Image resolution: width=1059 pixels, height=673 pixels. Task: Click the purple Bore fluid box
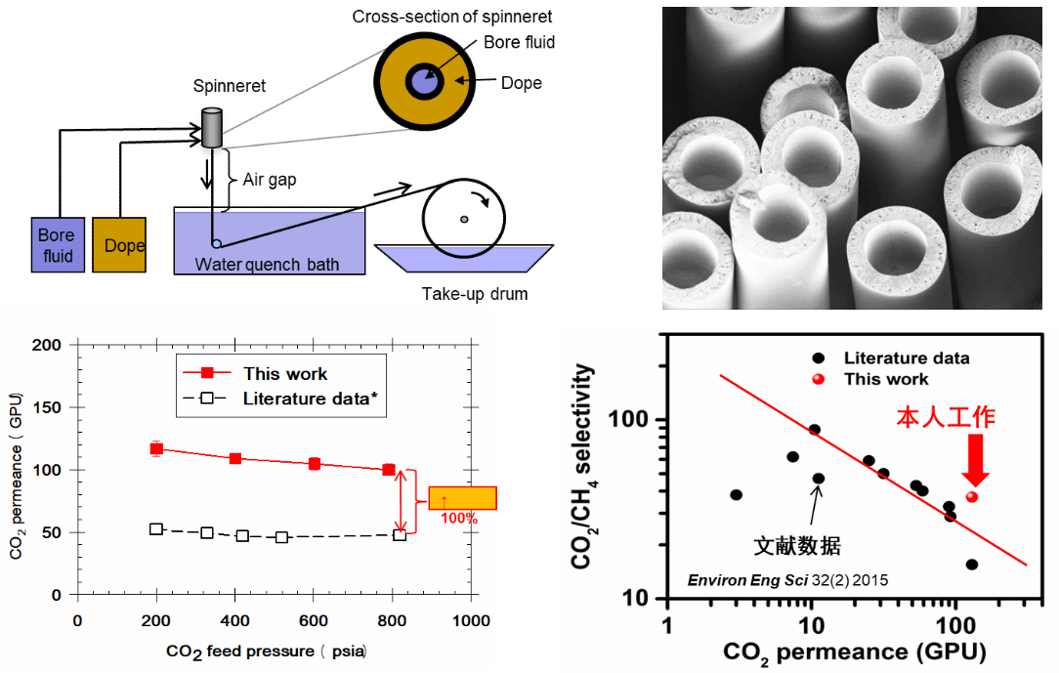click(x=56, y=244)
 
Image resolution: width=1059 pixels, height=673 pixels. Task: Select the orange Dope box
click(x=119, y=245)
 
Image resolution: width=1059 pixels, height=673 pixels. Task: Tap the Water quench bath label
click(x=267, y=264)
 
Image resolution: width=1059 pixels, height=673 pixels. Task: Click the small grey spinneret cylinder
click(x=212, y=131)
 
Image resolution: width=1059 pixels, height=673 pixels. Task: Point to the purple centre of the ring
click(x=423, y=80)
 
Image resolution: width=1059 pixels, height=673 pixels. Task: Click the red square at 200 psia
click(x=156, y=448)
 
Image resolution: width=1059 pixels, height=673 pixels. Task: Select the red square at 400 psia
click(x=235, y=458)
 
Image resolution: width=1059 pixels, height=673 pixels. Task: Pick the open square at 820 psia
click(x=400, y=534)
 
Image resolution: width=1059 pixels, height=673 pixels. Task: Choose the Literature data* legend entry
click(x=309, y=398)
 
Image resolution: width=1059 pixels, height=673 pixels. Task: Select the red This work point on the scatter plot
click(x=972, y=496)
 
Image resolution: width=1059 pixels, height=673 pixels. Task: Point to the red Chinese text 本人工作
click(x=946, y=418)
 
